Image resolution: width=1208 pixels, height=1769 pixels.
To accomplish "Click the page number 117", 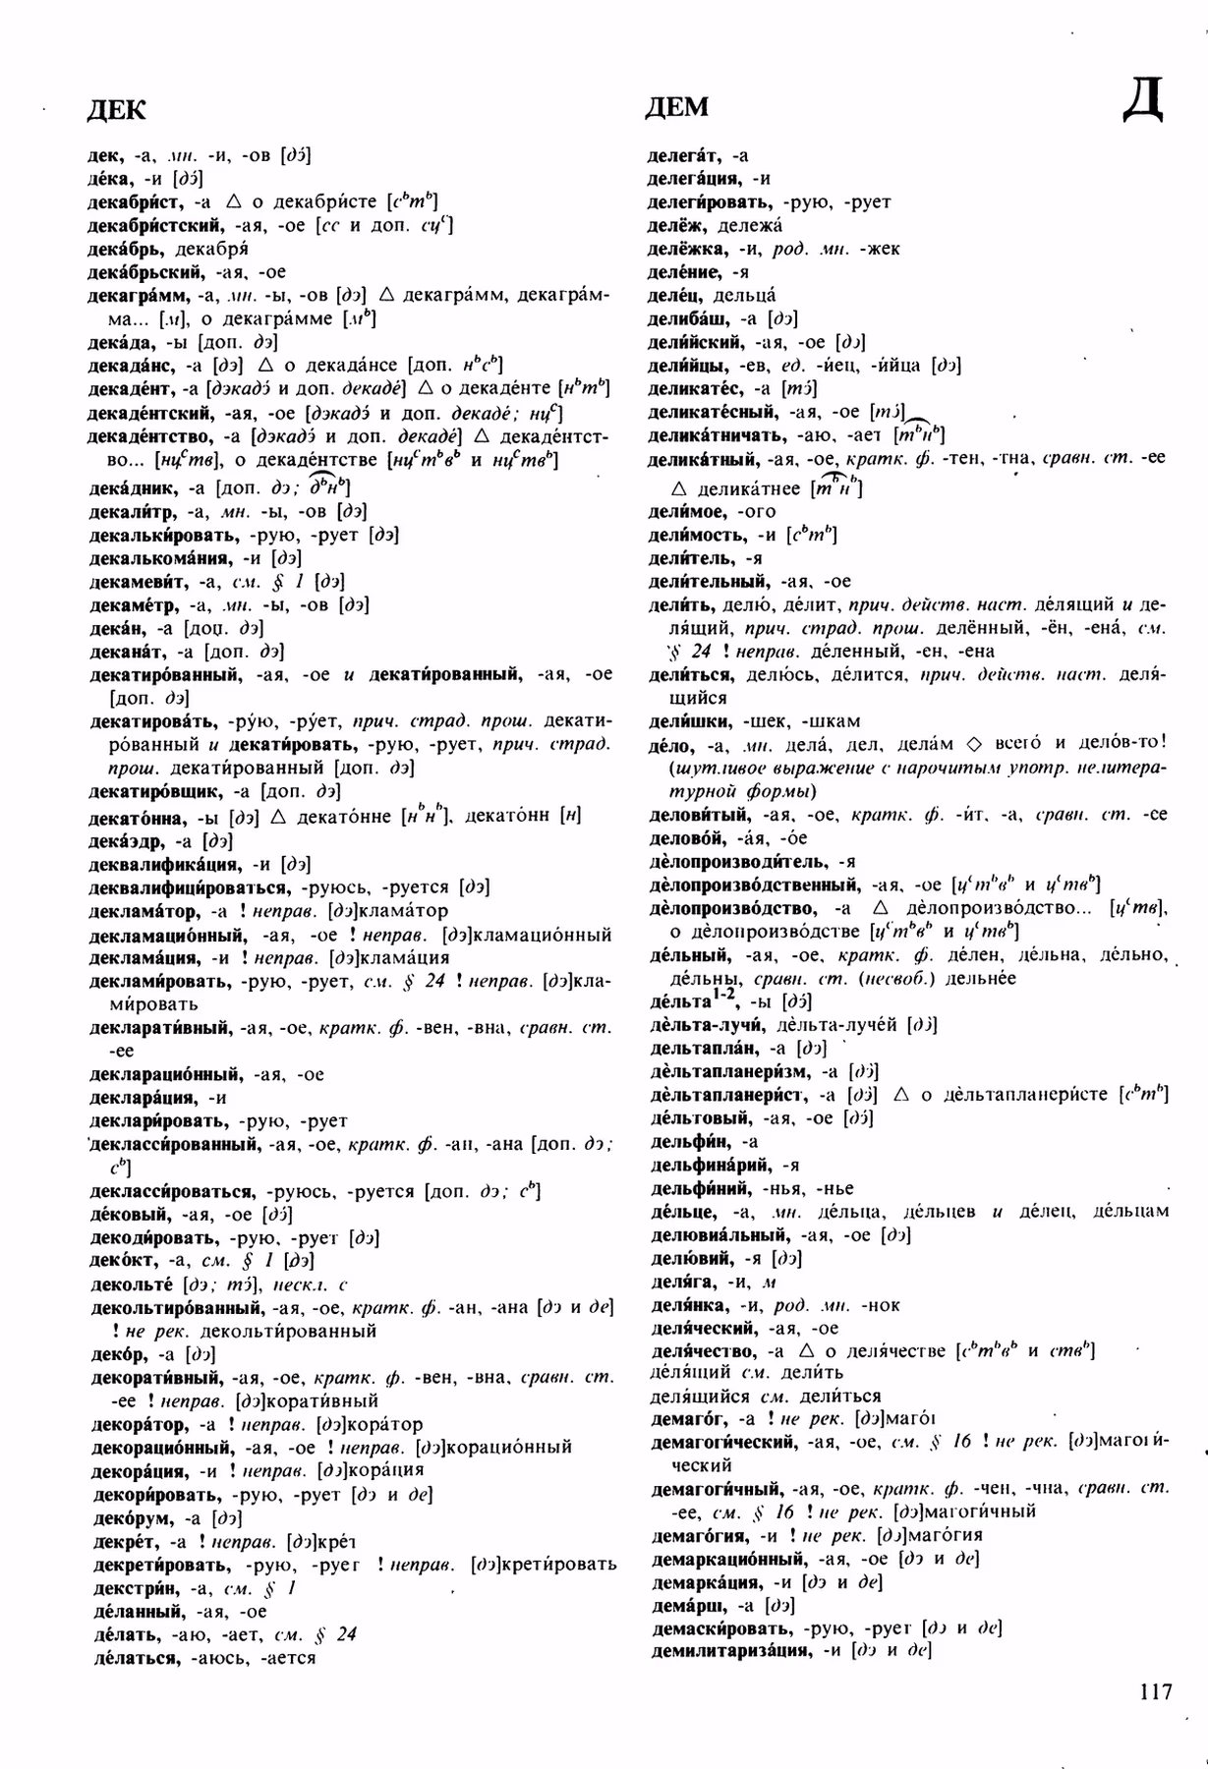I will click(1156, 1691).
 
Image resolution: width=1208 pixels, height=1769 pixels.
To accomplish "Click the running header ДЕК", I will click(116, 109).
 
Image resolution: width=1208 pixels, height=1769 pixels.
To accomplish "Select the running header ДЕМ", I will click(677, 107).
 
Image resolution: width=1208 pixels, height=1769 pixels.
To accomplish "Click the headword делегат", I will click(684, 155).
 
